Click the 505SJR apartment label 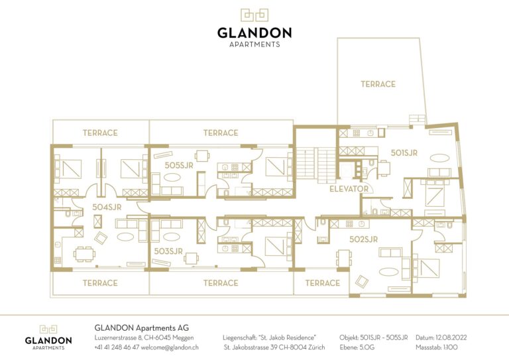tap(179, 165)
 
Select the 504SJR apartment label tap(107, 207)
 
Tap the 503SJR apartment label tap(168, 251)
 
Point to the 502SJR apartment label tap(364, 239)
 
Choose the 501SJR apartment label tap(404, 153)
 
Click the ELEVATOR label tap(349, 189)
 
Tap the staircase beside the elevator tap(317, 165)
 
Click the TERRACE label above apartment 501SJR tap(378, 84)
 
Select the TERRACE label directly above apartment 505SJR tap(221, 133)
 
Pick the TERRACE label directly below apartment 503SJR tap(221, 283)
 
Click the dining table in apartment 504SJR tap(84, 254)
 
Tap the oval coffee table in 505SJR tap(172, 177)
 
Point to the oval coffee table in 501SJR tap(440, 158)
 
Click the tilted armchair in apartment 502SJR tap(362, 282)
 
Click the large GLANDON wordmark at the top tap(254, 32)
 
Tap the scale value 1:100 tap(449, 347)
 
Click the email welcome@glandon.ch tap(170, 347)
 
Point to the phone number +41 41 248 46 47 tap(117, 347)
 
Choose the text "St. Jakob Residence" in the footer tap(287, 337)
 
